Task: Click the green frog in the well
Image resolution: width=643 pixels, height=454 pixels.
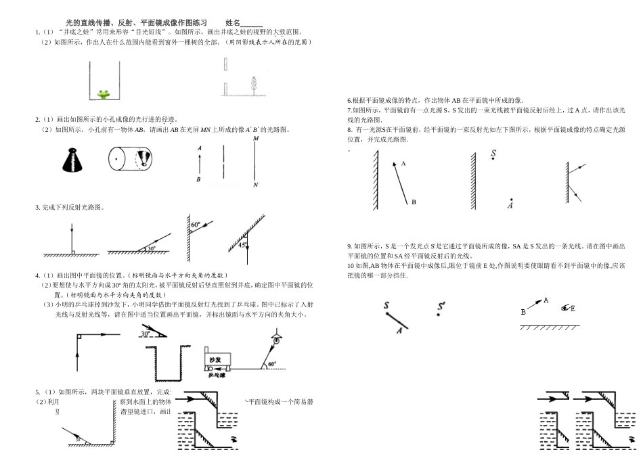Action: coord(105,93)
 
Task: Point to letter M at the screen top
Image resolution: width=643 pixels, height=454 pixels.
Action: coord(255,138)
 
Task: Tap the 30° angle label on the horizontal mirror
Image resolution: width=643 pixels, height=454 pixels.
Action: coord(150,249)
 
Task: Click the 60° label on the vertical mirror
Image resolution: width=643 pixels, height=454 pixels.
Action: coord(196,224)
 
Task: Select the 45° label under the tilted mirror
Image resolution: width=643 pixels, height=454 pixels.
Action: coord(242,246)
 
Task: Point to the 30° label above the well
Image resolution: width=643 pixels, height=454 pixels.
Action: coord(145,334)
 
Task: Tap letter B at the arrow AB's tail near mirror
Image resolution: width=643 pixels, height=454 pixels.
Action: coord(414,202)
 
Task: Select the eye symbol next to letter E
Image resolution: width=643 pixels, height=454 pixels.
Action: coord(564,309)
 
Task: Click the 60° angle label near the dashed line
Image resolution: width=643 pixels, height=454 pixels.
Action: coord(272,363)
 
